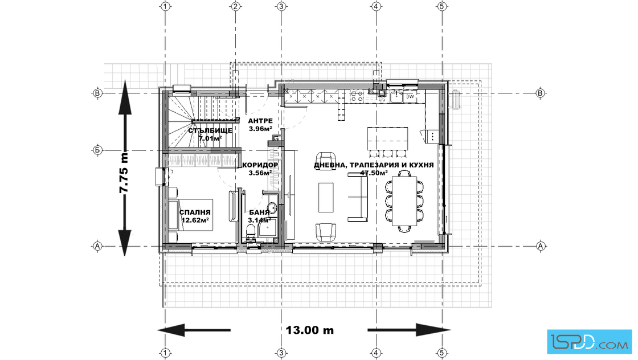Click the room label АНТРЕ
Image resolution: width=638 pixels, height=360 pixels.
pyautogui.click(x=260, y=121)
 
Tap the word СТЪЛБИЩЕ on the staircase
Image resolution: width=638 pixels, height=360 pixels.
pyautogui.click(x=210, y=130)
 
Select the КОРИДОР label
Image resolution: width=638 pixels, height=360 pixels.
pyautogui.click(x=260, y=165)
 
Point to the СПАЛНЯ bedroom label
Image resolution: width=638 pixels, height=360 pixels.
pyautogui.click(x=195, y=212)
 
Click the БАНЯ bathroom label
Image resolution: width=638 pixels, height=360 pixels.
pyautogui.click(x=259, y=212)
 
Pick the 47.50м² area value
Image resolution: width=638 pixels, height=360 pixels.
pyautogui.click(x=374, y=173)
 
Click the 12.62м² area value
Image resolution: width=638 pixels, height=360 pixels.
pyautogui.click(x=195, y=220)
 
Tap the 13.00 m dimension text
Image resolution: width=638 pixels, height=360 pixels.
pyautogui.click(x=310, y=330)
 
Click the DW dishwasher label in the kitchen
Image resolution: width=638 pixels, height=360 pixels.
pyautogui.click(x=410, y=97)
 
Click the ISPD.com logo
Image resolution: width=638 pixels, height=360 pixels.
pyautogui.click(x=589, y=342)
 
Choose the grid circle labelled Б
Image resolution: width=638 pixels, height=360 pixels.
pyautogui.click(x=97, y=150)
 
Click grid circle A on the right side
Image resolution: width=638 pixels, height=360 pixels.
pyautogui.click(x=541, y=246)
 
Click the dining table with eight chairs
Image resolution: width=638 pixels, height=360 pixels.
pyautogui.click(x=404, y=201)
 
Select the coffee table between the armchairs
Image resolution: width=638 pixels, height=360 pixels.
pyautogui.click(x=325, y=197)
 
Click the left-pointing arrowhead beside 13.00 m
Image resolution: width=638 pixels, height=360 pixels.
pyautogui.click(x=171, y=330)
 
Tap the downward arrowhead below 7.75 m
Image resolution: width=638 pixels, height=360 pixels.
pyautogui.click(x=124, y=243)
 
